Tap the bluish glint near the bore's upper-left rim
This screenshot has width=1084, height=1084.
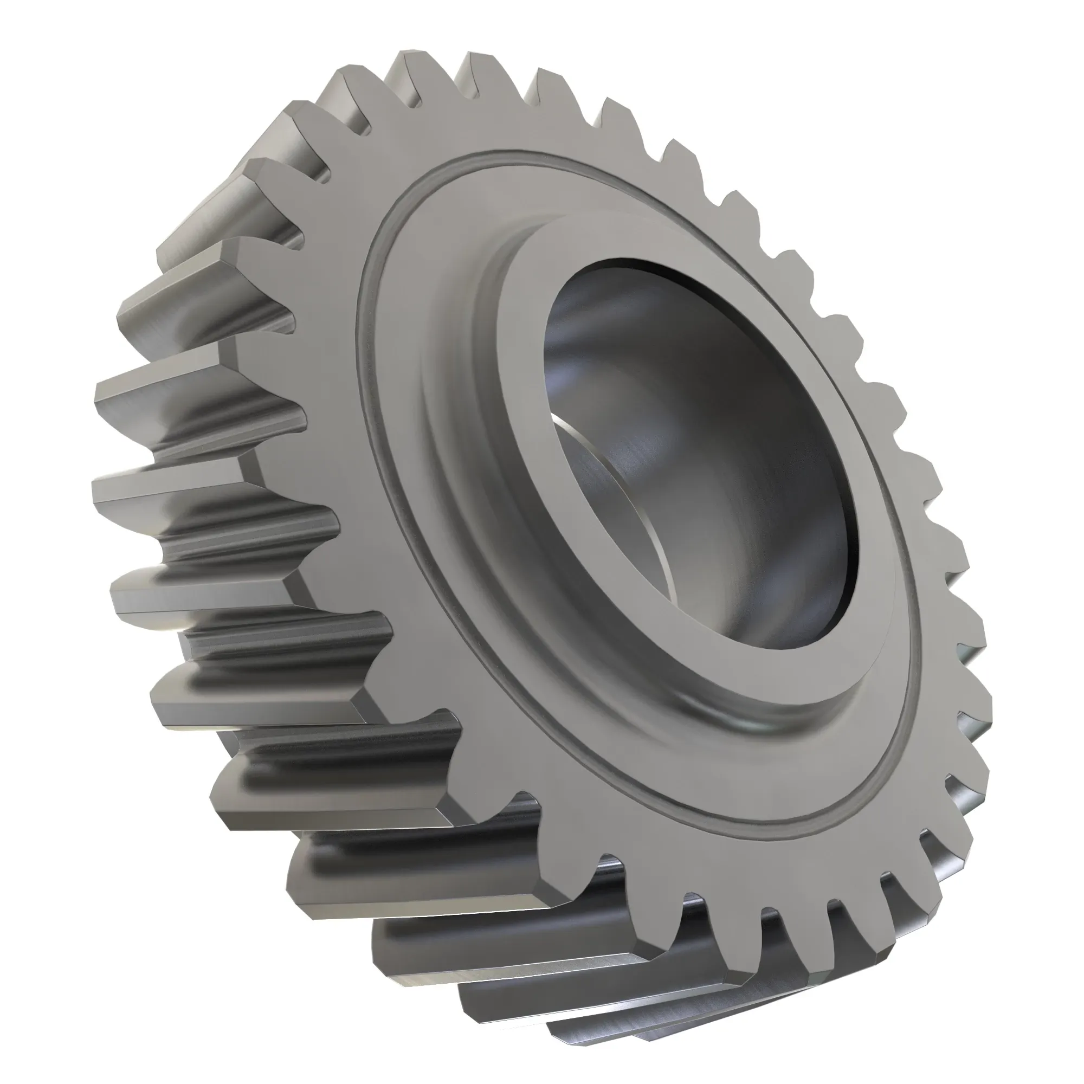(567, 359)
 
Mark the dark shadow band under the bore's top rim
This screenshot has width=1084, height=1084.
(673, 281)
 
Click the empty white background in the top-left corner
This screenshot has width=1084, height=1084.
(56, 56)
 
